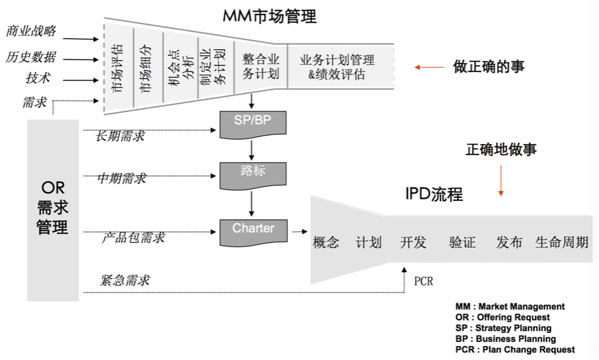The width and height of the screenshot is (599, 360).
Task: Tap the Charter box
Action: (x=253, y=231)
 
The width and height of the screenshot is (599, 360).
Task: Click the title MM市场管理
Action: (x=269, y=16)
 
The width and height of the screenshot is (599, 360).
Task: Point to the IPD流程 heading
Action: (x=433, y=194)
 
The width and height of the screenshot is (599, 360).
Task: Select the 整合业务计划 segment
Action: (x=261, y=66)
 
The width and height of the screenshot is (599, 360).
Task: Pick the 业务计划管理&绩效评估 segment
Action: (x=337, y=67)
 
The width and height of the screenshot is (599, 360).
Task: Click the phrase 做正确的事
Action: (x=489, y=66)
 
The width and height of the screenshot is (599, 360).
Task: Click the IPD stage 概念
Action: (x=326, y=242)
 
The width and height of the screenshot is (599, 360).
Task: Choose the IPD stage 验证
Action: (x=462, y=242)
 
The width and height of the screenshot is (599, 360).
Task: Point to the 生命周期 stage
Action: (x=562, y=242)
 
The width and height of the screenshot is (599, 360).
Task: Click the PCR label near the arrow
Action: (x=423, y=282)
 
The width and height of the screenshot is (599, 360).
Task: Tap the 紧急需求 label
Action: (x=125, y=280)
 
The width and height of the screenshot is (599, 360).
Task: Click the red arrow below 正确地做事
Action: (x=501, y=181)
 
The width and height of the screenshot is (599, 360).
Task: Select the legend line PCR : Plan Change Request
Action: (x=515, y=350)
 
